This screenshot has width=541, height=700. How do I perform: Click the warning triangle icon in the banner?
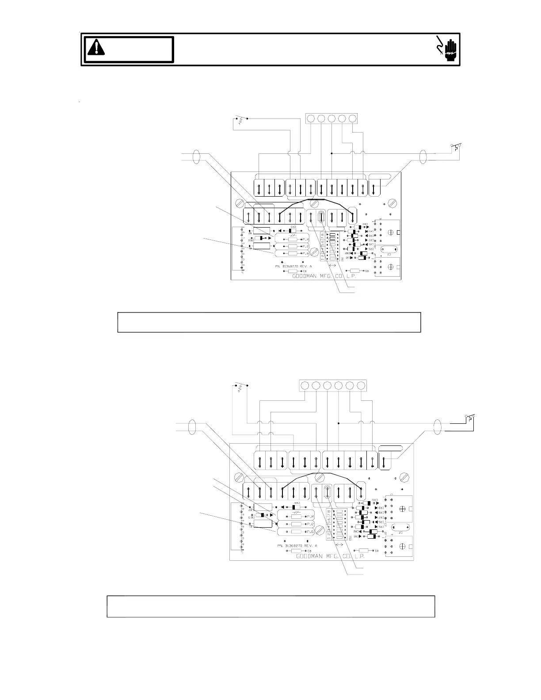pyautogui.click(x=96, y=47)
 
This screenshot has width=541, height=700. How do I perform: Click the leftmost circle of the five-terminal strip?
pyautogui.click(x=311, y=118)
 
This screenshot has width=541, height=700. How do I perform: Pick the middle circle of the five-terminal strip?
pyautogui.click(x=331, y=118)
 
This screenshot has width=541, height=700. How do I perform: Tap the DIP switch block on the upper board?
pyautogui.click(x=332, y=245)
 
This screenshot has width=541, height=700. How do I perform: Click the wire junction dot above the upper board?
pyautogui.click(x=331, y=153)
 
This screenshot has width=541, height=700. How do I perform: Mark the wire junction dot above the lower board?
pyautogui.click(x=339, y=423)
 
